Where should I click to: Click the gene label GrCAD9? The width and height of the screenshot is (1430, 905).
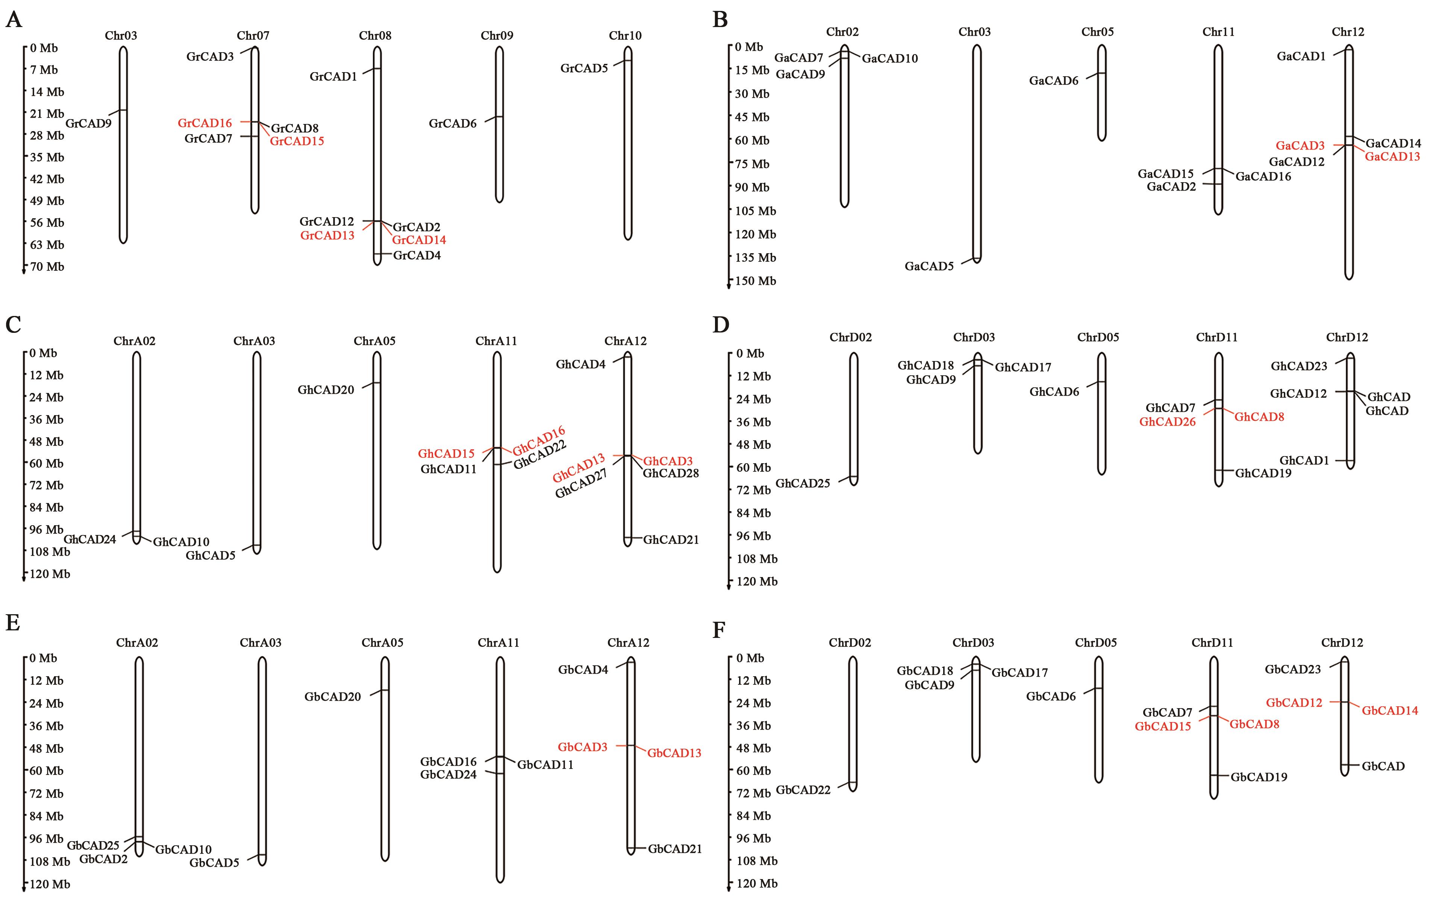pos(88,124)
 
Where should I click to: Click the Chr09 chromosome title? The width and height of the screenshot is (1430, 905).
pos(497,36)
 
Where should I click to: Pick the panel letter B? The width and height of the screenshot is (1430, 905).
pos(720,20)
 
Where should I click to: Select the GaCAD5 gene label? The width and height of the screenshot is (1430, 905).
pos(929,266)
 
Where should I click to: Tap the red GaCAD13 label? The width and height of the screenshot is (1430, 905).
pos(1392,157)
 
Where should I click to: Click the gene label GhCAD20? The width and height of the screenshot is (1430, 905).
pos(326,390)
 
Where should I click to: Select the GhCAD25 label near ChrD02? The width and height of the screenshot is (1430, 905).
pos(803,483)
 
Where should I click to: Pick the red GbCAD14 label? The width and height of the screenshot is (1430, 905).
pos(1390,711)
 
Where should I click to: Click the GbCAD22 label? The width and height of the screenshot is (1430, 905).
pos(803,790)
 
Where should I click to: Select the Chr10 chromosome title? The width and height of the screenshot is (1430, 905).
pos(625,36)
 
